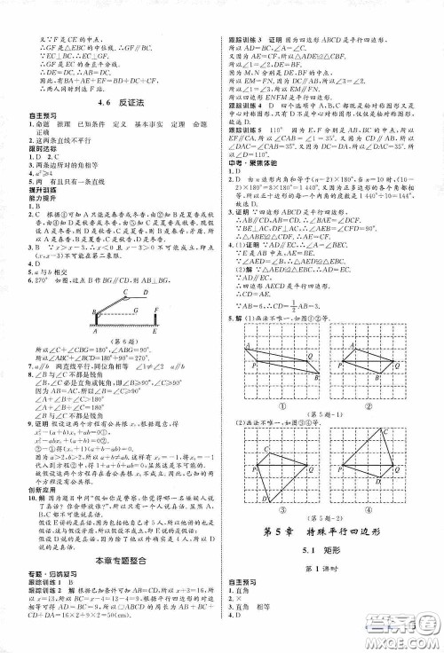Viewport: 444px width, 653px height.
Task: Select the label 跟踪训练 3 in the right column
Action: [x=251, y=41]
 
